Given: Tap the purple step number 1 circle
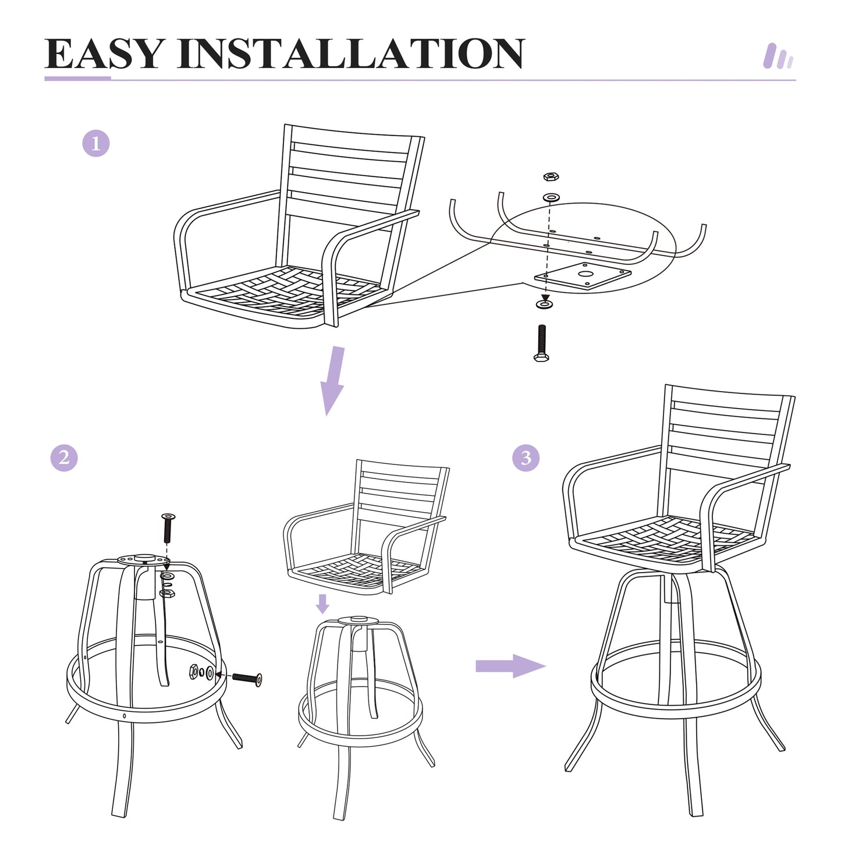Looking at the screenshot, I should point(96,143).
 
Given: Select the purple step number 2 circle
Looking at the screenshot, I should point(64,457).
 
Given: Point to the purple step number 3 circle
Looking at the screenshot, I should point(526,457).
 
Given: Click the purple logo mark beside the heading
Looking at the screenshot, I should point(778,56).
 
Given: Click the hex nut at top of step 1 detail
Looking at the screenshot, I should point(551,176).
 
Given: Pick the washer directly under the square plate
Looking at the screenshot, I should point(545,304).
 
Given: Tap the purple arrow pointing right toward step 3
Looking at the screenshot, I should point(510,666).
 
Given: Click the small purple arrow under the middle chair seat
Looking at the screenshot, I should point(322,604).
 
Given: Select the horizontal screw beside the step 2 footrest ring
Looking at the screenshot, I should point(247,679).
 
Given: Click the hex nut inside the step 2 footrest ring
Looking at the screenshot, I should point(193,672).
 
